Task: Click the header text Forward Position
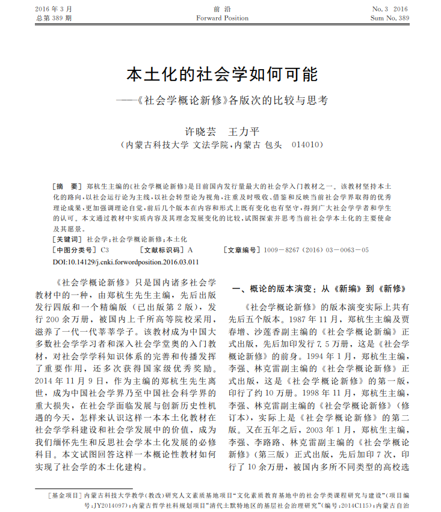[x=222, y=18]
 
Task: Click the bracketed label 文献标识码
[x=162, y=249]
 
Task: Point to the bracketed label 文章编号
[x=242, y=249]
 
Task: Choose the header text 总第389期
[x=54, y=18]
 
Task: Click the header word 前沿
[x=222, y=9]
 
